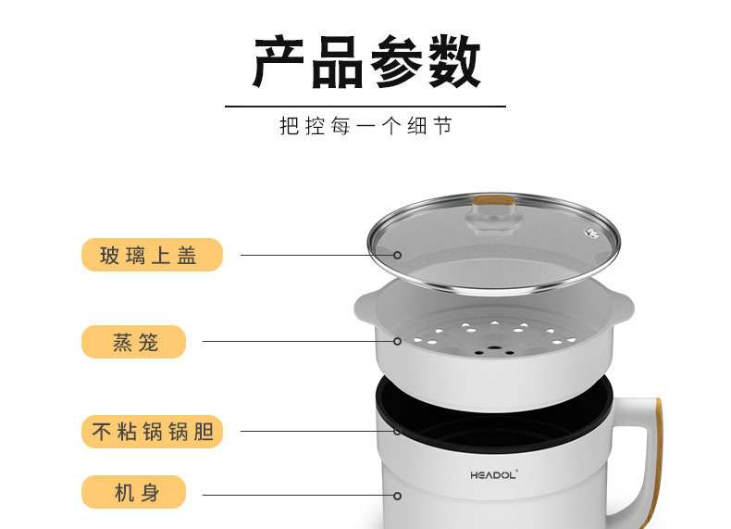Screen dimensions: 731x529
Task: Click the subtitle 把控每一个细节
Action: pyautogui.click(x=366, y=126)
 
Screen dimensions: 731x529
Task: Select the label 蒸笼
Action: pyautogui.click(x=134, y=342)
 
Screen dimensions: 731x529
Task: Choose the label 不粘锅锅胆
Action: pyautogui.click(x=152, y=432)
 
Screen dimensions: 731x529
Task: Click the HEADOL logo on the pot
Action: pyautogui.click(x=494, y=475)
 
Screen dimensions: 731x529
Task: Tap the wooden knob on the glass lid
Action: pyautogui.click(x=495, y=201)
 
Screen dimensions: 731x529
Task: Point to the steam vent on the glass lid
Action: pyautogui.click(x=592, y=232)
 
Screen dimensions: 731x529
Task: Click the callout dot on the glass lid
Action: pyautogui.click(x=397, y=255)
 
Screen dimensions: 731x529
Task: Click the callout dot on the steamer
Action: pyautogui.click(x=397, y=341)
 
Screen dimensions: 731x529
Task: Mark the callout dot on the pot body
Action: pyautogui.click(x=397, y=496)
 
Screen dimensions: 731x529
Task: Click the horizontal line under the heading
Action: pyautogui.click(x=365, y=107)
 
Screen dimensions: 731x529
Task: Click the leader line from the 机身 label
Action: pyautogui.click(x=298, y=496)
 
